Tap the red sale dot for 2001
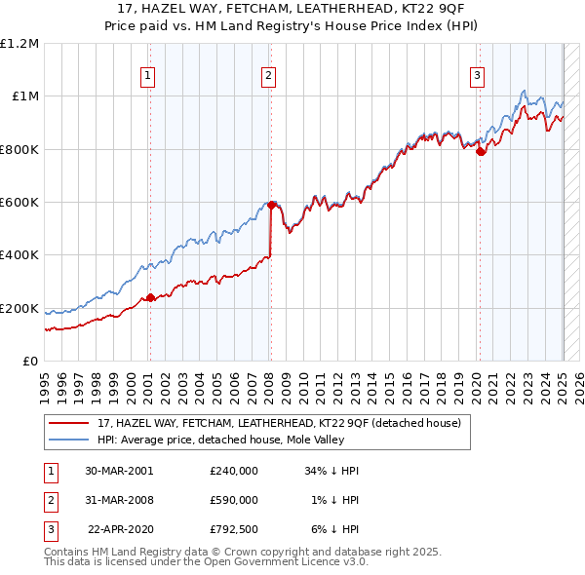[x=150, y=298]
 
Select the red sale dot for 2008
[x=271, y=206]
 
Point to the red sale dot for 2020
[x=480, y=151]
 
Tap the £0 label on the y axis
[x=30, y=361]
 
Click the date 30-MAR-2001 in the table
[x=119, y=471]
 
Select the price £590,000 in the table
[x=234, y=500]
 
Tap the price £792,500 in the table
[x=234, y=530]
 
